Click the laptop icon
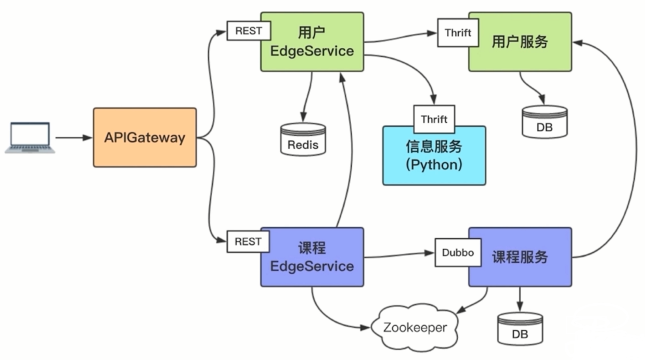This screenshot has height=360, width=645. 30,138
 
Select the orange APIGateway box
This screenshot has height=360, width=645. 145,138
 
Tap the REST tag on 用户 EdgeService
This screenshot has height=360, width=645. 249,31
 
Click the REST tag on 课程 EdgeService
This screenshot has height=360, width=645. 248,242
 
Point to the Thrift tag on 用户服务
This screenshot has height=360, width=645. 458,33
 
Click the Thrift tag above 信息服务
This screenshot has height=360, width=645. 434,119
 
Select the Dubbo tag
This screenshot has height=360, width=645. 458,253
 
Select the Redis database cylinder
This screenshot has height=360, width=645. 303,139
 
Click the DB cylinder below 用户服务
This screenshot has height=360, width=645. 545,121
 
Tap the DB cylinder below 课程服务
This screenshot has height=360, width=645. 520,328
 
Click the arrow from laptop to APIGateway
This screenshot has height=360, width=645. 73,138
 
